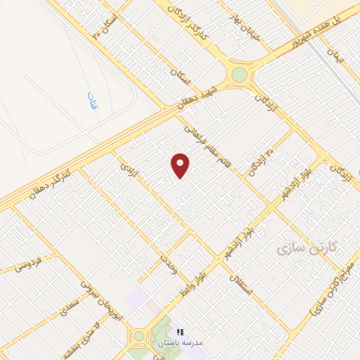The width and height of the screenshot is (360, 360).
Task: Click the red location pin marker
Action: click(181, 165)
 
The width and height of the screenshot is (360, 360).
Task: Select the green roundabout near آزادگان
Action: click(240, 75)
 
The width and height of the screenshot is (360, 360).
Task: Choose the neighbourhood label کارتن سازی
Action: click(307, 247)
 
